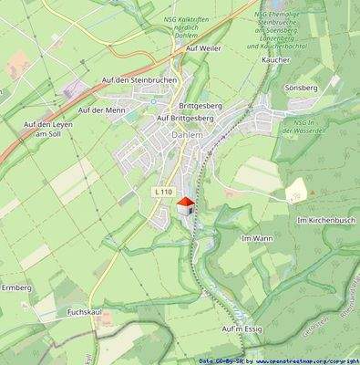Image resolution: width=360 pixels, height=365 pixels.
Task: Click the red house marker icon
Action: pos(185,205)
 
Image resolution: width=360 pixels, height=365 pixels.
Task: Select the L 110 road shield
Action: pos(164,191)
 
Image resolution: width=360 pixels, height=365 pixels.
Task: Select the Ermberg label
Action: pos(15,287)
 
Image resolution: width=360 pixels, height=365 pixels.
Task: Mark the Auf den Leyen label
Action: pos(46,124)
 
